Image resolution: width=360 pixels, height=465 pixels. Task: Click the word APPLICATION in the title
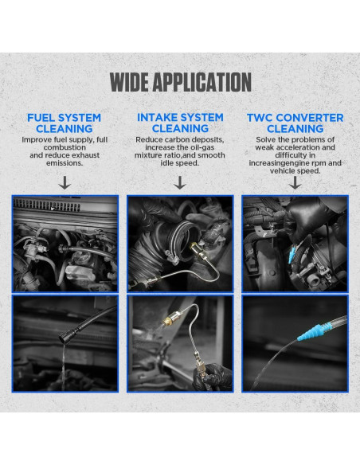coord(202,82)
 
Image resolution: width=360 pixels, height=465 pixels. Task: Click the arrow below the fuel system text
coord(65,182)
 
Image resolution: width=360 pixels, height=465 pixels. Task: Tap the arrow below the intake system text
coord(180,182)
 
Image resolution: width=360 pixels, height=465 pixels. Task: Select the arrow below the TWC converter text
coord(295,182)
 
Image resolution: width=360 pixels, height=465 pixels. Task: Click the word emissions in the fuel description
coord(65,163)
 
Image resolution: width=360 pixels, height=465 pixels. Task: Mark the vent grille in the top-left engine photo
coord(48,205)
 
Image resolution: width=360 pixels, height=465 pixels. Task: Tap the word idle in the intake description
coord(167,163)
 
